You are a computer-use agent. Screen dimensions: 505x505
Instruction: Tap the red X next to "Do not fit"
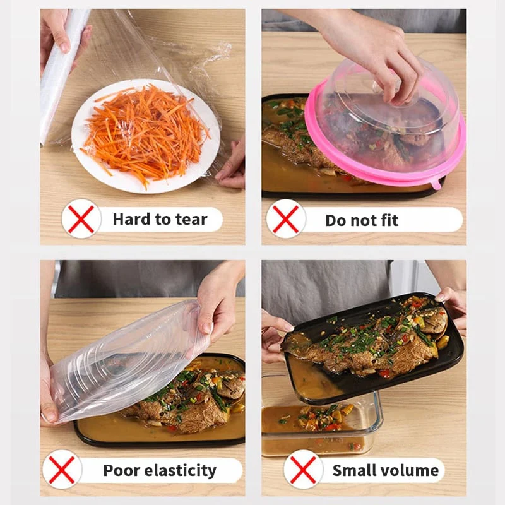click(286, 219)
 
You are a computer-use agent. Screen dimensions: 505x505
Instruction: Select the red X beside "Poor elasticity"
click(62, 470)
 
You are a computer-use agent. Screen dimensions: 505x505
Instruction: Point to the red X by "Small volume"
click(303, 470)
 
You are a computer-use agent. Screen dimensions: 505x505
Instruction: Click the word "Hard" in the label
click(131, 220)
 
